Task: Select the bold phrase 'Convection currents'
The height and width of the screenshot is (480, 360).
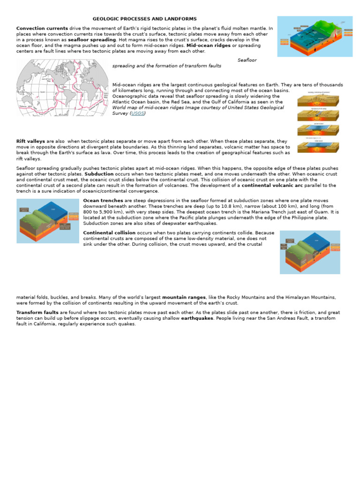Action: pos(42,28)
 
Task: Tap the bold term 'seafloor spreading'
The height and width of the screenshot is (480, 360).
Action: pos(92,40)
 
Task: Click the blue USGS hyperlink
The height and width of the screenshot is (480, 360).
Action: pos(138,113)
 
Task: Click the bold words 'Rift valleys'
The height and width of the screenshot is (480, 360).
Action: pos(30,141)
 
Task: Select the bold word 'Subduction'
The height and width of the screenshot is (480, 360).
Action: pos(99,174)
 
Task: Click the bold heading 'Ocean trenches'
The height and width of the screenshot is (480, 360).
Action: pos(103,201)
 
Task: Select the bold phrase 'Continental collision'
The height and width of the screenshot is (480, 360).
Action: pos(109,232)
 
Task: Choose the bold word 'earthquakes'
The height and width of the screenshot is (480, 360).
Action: pos(197,318)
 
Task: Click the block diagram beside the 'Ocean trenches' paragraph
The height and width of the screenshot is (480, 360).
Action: pos(48,221)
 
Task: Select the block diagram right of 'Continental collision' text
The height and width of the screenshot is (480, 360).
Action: pos(310,252)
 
